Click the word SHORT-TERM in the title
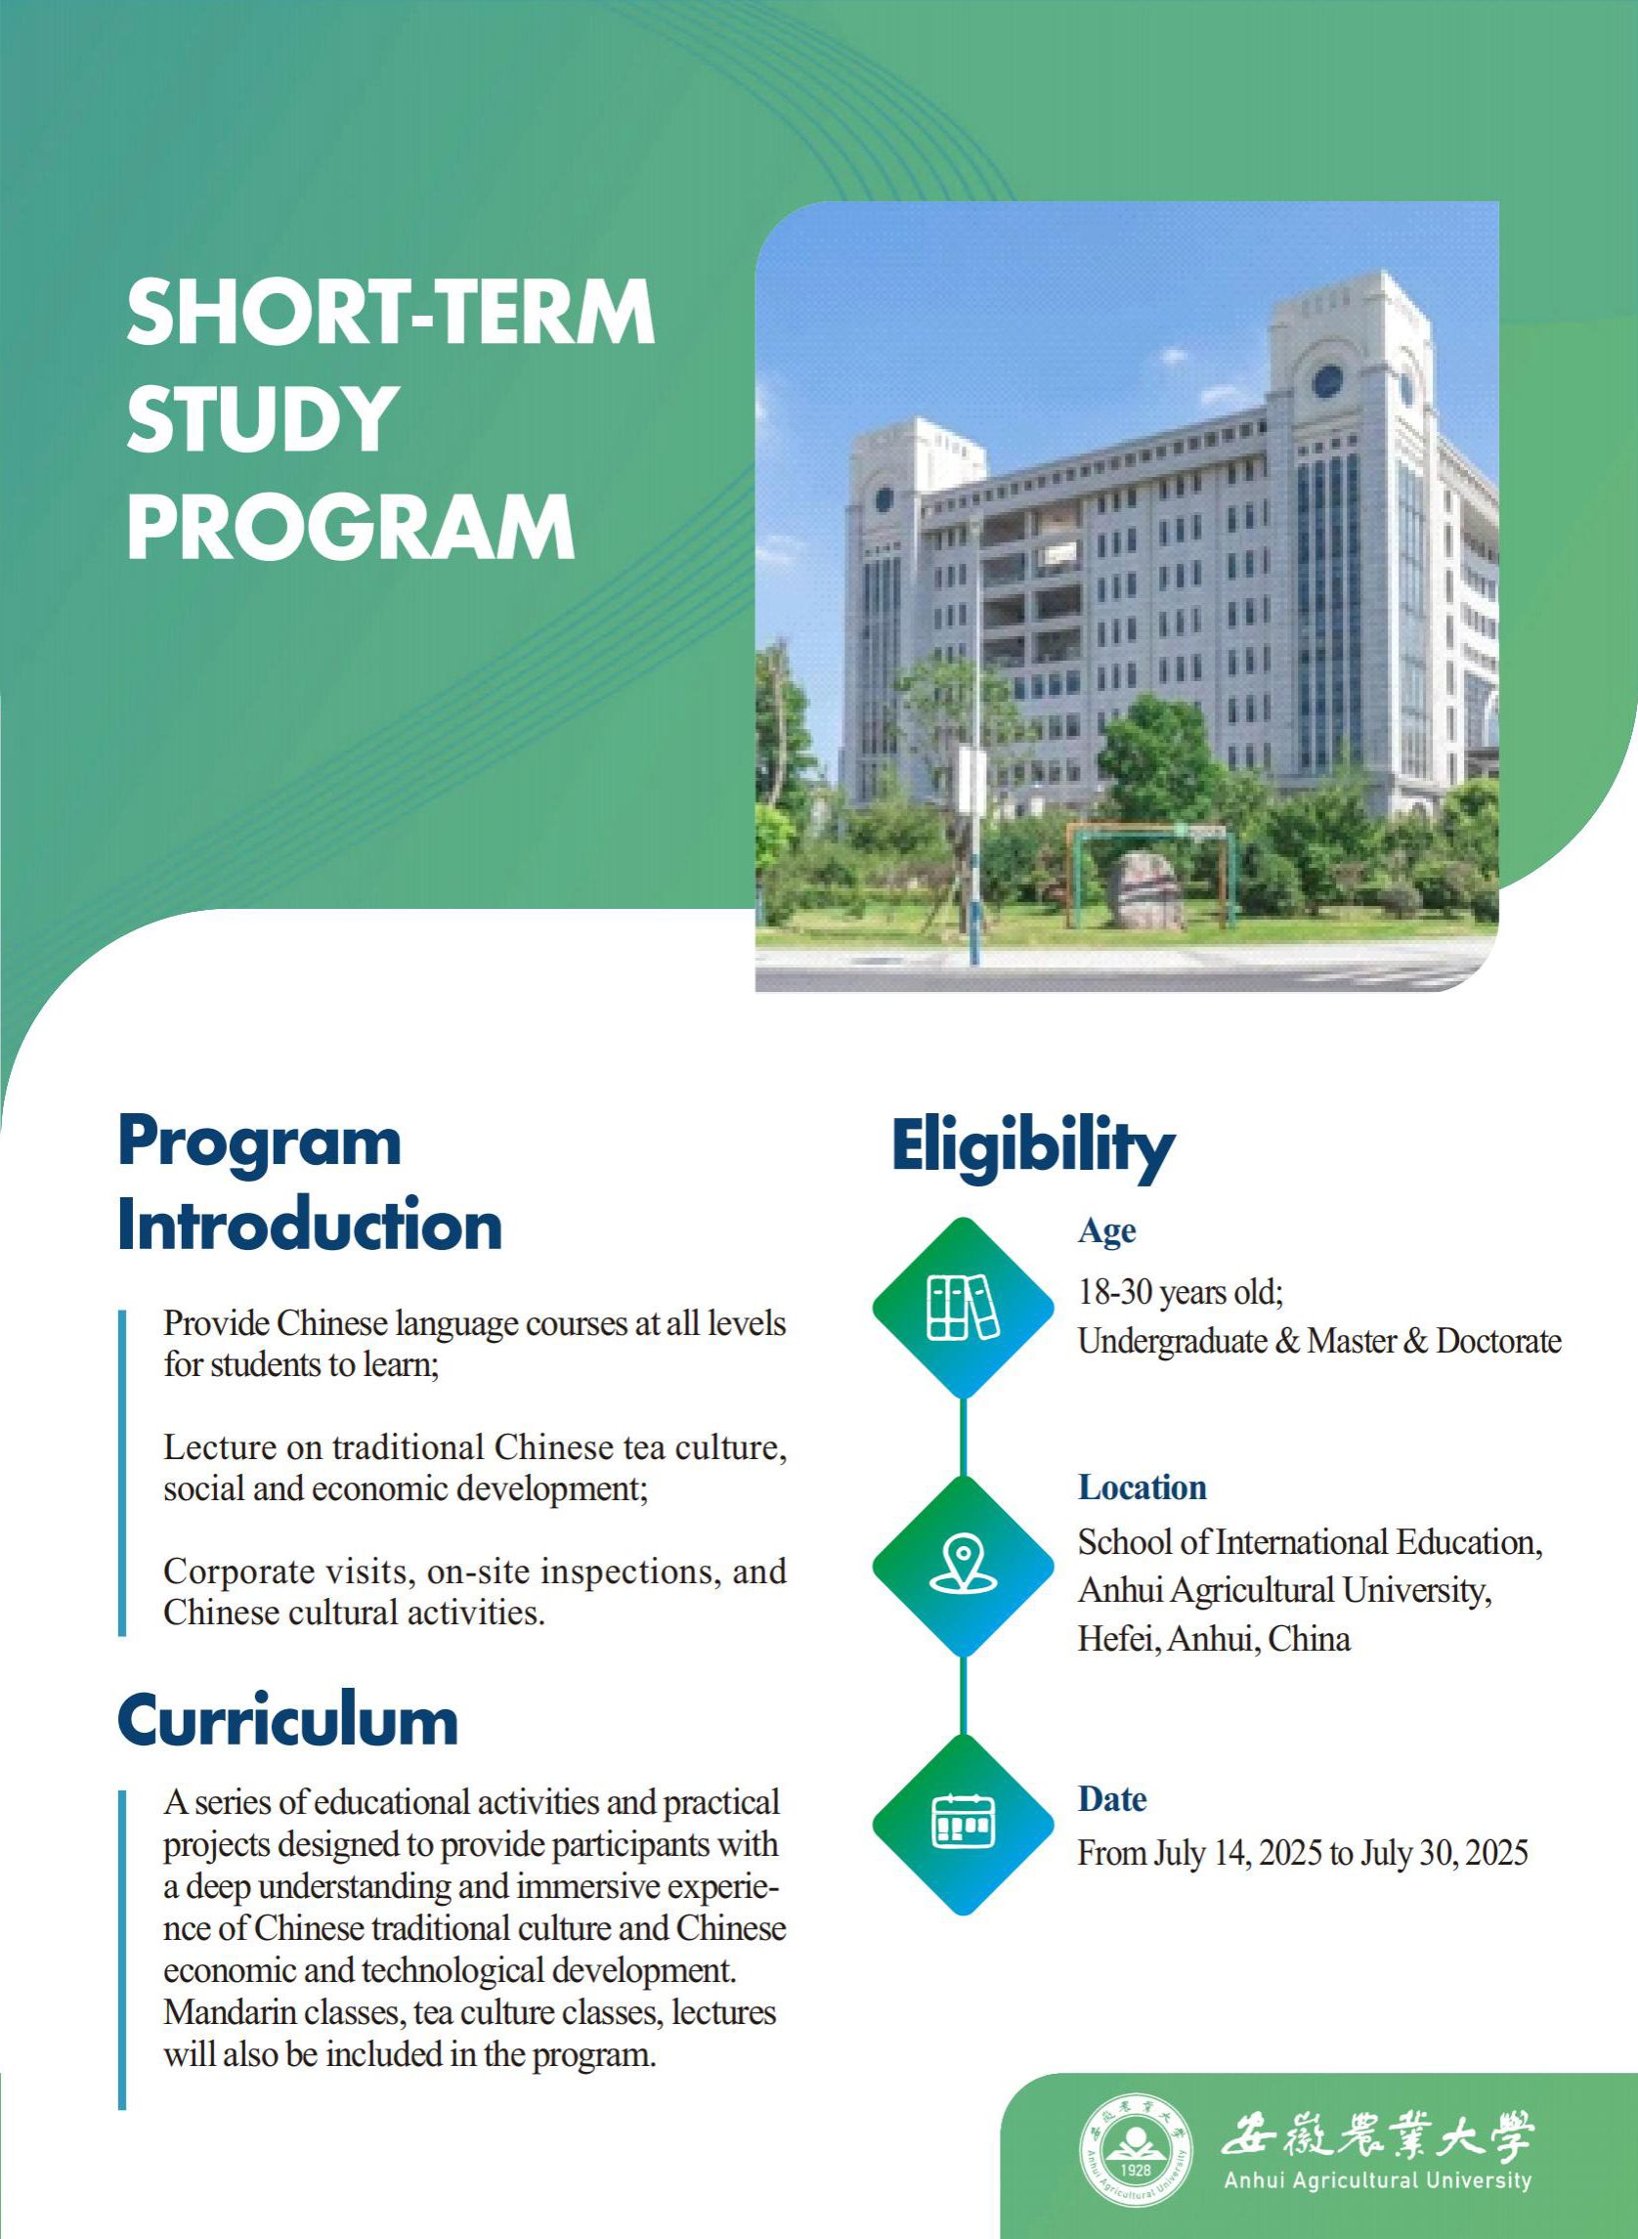(391, 313)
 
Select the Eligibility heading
(1032, 1148)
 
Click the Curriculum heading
(287, 1720)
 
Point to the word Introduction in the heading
(310, 1227)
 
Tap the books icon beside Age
(963, 1308)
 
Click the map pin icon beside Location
(963, 1566)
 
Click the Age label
(1106, 1230)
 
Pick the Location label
(1142, 1487)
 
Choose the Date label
(1112, 1799)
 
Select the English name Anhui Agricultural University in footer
(1377, 2180)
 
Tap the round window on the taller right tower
(1327, 380)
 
